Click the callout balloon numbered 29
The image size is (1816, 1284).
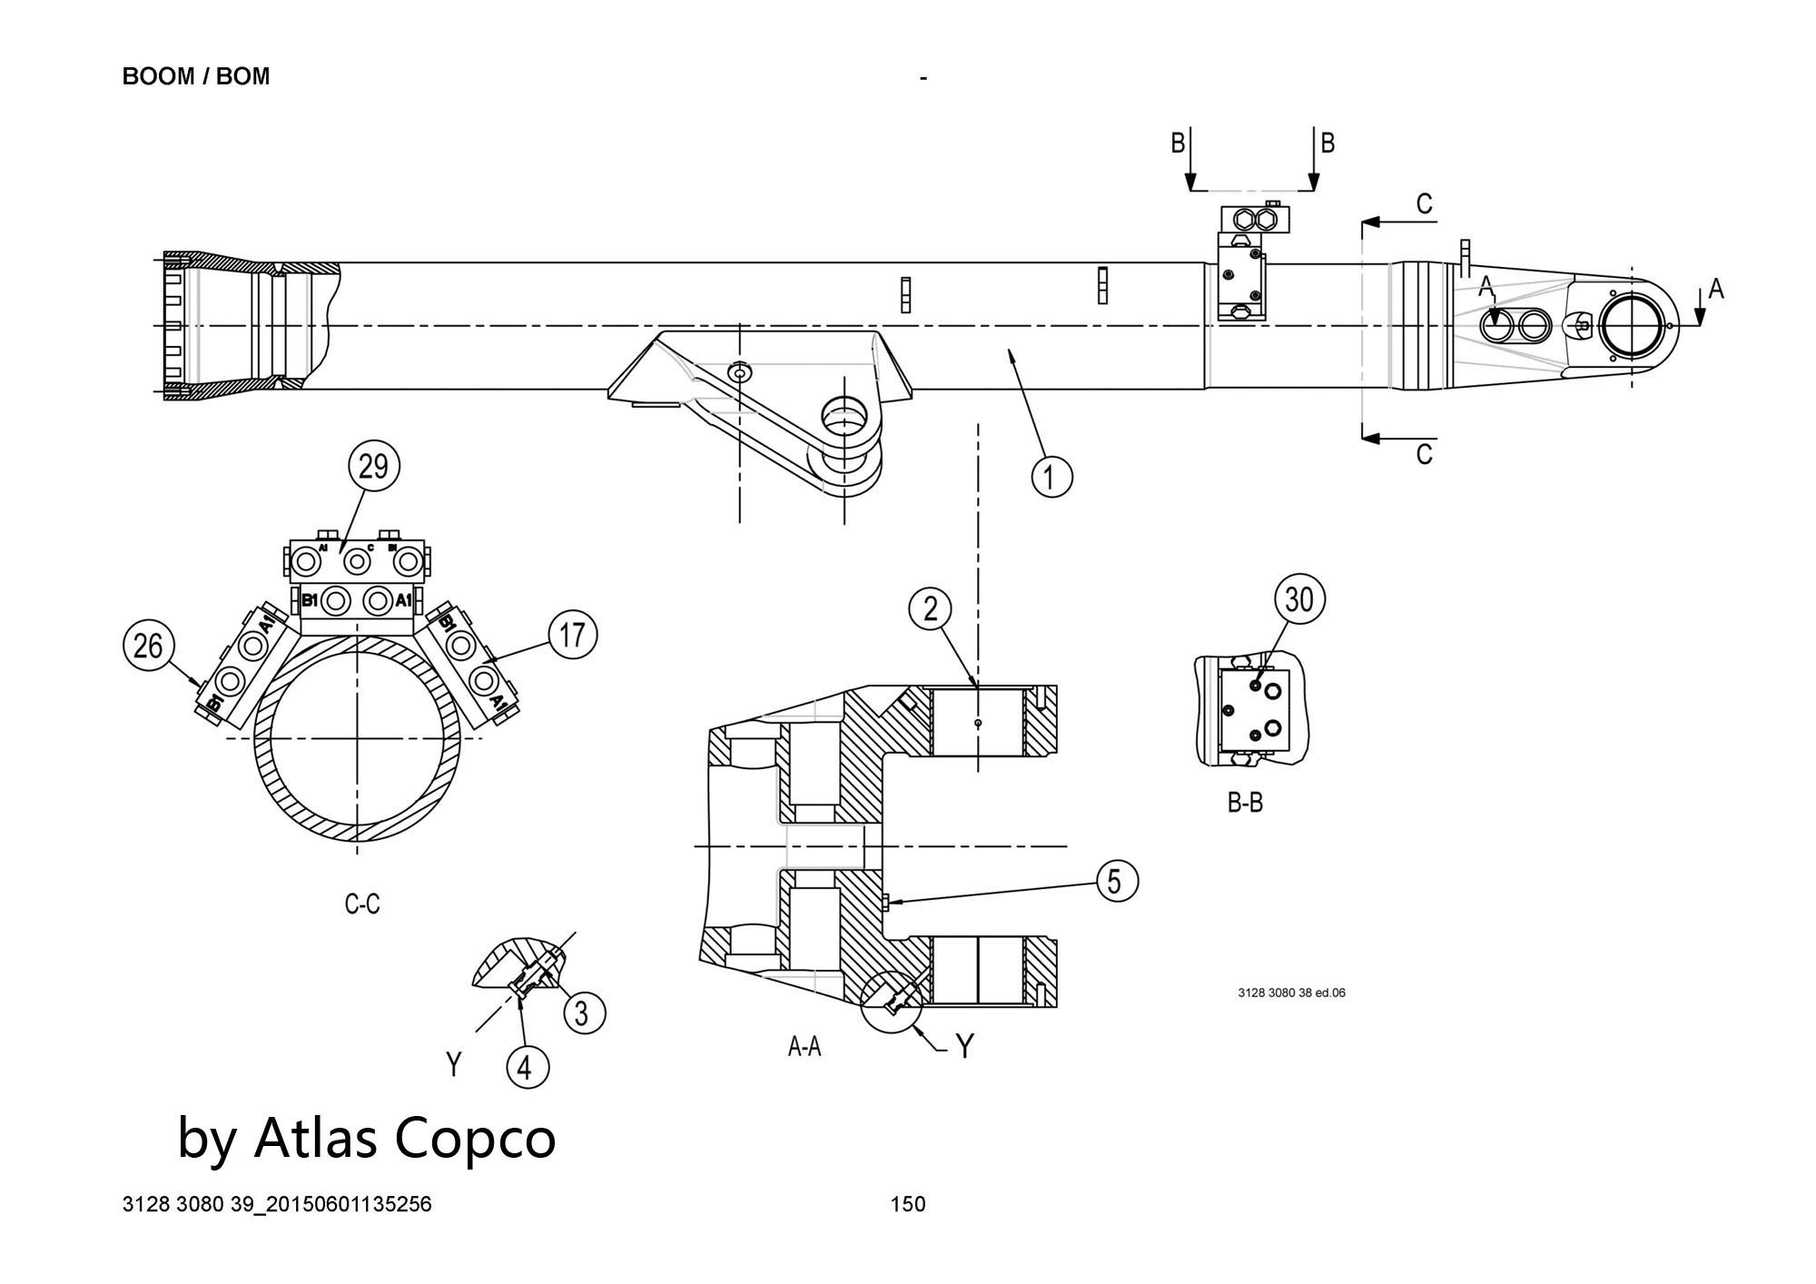point(373,467)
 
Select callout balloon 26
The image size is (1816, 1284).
point(148,646)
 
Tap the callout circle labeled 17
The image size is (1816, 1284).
point(572,635)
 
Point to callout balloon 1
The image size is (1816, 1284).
point(1051,476)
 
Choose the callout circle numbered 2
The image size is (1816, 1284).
point(931,609)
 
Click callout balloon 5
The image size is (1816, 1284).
point(1117,881)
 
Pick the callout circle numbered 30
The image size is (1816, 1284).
point(1299,599)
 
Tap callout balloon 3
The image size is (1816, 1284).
point(584,1012)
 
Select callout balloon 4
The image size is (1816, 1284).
point(527,1068)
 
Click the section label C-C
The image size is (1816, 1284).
point(362,904)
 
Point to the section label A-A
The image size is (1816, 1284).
point(804,1048)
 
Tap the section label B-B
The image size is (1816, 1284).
point(1245,803)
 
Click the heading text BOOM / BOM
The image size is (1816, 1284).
point(196,76)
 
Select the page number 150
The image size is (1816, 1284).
point(908,1204)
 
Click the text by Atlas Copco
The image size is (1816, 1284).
point(366,1137)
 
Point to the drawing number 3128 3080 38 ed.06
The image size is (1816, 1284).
point(1291,993)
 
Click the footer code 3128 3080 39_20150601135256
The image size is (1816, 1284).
point(277,1204)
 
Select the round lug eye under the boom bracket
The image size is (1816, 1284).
point(844,417)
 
